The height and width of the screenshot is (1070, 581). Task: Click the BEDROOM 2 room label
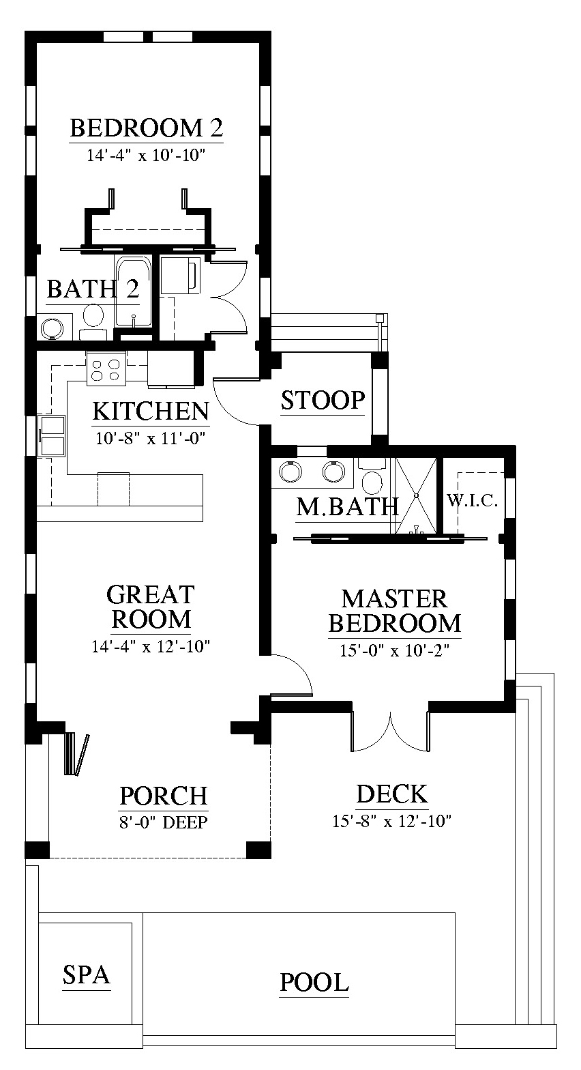[147, 128]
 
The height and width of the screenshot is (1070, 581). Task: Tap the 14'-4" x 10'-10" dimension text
[146, 156]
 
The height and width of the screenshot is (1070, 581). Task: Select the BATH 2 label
[93, 289]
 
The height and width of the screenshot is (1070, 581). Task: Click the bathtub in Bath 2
[134, 292]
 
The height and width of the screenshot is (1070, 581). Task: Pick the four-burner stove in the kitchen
[106, 368]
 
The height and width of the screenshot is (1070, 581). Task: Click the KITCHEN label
[151, 411]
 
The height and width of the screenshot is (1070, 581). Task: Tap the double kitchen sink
[53, 435]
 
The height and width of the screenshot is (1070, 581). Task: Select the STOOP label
[323, 400]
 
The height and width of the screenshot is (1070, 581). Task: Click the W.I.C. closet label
[472, 501]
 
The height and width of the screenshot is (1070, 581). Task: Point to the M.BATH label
[347, 507]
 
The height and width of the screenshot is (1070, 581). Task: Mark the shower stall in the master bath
[416, 495]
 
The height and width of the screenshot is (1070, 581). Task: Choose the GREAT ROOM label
[151, 607]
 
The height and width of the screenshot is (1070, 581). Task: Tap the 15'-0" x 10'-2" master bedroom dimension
[395, 650]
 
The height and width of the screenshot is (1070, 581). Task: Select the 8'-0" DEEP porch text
[163, 822]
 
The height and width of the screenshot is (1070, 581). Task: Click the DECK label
[392, 794]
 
